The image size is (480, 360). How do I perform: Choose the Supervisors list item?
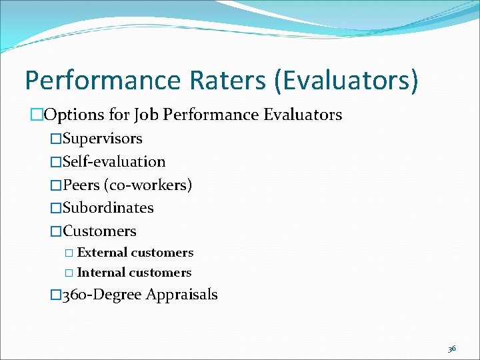[x=102, y=139]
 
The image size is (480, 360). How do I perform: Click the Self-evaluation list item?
[x=114, y=162]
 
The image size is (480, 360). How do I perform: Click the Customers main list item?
[x=99, y=231]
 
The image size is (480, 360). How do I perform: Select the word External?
[x=102, y=253]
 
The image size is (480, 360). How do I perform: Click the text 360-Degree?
[x=101, y=295]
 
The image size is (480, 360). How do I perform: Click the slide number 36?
[x=452, y=349]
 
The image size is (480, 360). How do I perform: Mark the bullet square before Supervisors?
[x=56, y=139]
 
